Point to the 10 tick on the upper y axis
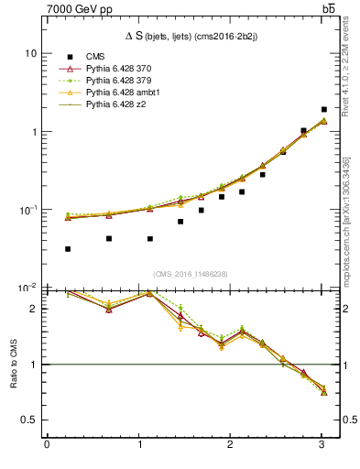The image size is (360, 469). (30, 53)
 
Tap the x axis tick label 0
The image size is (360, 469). (47, 445)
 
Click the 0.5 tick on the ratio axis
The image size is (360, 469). (29, 420)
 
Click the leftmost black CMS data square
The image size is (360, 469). (68, 249)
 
